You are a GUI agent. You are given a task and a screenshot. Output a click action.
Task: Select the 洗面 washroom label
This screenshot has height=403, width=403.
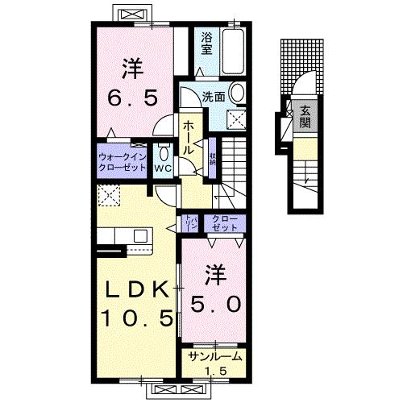[x=213, y=96]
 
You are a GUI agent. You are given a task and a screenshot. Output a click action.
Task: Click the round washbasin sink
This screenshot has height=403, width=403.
[x=239, y=94]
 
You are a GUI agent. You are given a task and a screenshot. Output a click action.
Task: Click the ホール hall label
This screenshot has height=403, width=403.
[x=189, y=139]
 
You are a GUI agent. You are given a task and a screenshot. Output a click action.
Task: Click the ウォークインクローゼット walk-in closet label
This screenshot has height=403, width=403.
[x=123, y=162]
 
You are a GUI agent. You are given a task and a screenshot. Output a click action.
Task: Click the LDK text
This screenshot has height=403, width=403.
[x=135, y=290]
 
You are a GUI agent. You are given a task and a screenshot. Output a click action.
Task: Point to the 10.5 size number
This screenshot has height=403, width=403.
[x=135, y=319]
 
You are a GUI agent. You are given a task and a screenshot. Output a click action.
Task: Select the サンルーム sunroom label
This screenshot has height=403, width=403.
[x=214, y=357]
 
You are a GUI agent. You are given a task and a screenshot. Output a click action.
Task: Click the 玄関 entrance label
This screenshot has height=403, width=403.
[x=306, y=115]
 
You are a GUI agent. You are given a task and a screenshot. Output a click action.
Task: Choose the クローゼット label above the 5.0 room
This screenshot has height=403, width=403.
[x=225, y=223]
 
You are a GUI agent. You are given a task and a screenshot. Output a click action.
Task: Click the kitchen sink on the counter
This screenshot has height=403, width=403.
[x=142, y=235]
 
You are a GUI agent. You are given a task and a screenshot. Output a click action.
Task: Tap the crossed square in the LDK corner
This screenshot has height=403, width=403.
[x=107, y=194]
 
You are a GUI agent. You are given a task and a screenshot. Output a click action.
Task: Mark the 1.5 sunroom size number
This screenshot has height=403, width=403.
[x=214, y=370]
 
